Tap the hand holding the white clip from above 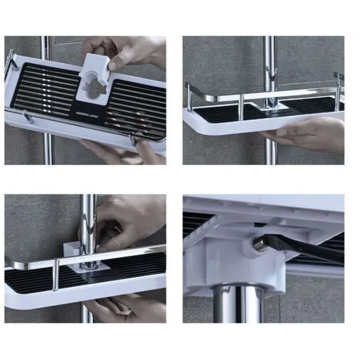(x=123, y=51)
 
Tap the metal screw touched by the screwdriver (x=259, y=245)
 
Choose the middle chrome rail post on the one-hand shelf (x=240, y=106)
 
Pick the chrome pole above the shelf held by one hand (x=271, y=62)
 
